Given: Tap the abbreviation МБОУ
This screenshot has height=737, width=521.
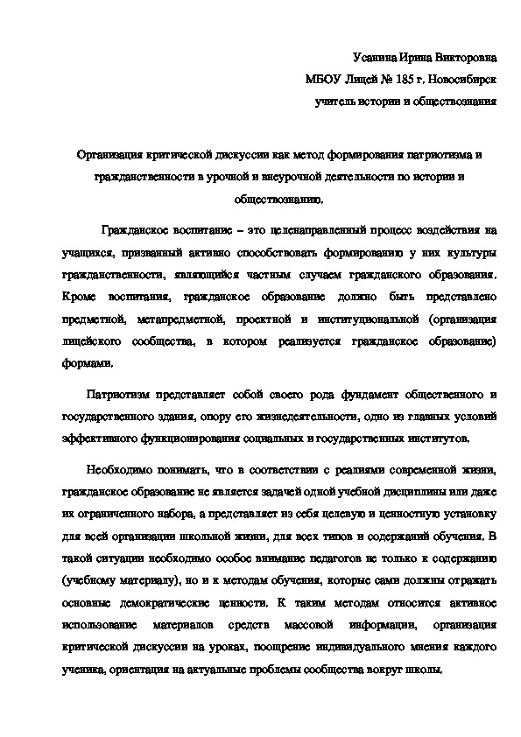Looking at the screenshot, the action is click(x=324, y=80).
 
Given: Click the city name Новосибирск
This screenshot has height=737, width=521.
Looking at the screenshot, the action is click(x=461, y=80).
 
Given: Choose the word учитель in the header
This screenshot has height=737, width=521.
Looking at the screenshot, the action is click(x=336, y=102).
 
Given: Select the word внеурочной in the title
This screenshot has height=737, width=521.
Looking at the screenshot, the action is click(x=306, y=177).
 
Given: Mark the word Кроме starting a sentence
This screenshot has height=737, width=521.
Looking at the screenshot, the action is click(x=81, y=297).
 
